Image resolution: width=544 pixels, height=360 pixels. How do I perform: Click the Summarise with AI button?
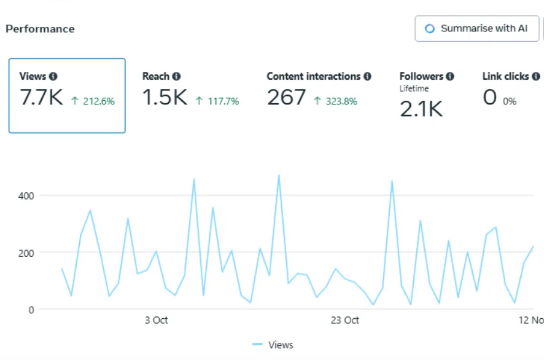(x=476, y=29)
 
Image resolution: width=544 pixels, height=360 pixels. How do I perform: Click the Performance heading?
(x=40, y=29)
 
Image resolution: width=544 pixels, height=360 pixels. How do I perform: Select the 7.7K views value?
(x=41, y=98)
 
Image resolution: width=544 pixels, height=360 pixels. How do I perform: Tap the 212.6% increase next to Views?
(x=93, y=101)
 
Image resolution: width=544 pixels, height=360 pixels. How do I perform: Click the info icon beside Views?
(x=53, y=77)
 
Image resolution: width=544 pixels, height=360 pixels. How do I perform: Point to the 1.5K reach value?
(x=165, y=98)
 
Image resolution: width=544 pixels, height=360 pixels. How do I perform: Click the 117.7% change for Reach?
(x=217, y=101)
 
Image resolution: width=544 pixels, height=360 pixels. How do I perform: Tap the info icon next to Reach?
(x=176, y=77)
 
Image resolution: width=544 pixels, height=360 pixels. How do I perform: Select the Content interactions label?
(x=313, y=77)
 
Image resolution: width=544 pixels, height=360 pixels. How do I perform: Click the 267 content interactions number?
(x=286, y=98)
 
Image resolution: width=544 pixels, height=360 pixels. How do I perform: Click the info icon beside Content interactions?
(x=367, y=77)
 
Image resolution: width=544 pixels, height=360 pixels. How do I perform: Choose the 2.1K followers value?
(x=421, y=109)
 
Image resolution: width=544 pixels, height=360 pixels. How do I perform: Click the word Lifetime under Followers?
(x=414, y=88)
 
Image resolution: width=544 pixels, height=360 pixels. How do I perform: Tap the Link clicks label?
(x=505, y=77)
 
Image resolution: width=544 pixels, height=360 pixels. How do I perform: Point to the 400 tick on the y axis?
(x=28, y=196)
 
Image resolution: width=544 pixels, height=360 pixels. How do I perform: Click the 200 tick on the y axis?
(x=28, y=252)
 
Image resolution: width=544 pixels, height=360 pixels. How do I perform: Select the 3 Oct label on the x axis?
(x=156, y=320)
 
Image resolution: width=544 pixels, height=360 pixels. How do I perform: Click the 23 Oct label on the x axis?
(x=344, y=320)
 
